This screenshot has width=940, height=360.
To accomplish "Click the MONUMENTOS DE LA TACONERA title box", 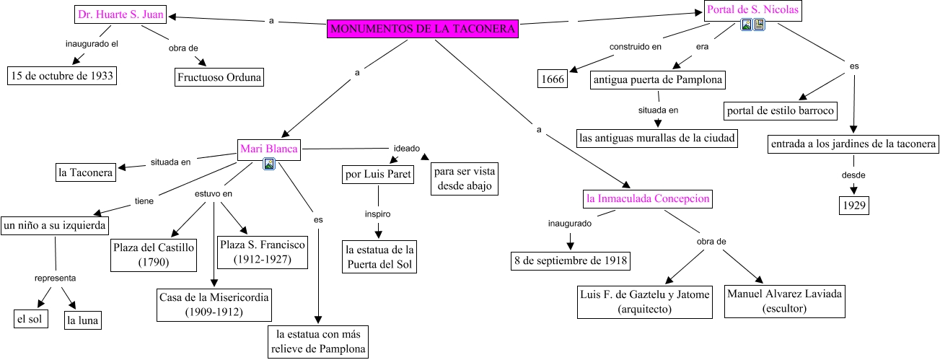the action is coord(423,29).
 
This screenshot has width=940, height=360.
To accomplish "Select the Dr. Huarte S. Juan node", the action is coord(120,14).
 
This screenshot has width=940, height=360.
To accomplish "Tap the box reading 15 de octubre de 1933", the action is coord(62,76).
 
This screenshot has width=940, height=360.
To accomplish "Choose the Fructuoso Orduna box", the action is coord(219,77).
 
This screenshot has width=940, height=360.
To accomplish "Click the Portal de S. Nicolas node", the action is coord(753,9).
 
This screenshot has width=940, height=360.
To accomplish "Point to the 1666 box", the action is coord(553,79).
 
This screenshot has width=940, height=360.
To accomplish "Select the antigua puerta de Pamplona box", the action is coord(658,80).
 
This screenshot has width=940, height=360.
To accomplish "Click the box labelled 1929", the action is coord(854,205).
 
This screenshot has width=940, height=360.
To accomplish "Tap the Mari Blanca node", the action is coord(269,149).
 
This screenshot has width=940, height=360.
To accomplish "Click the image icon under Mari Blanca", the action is coord(269,164).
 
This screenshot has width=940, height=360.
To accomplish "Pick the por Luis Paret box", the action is coord(378,174).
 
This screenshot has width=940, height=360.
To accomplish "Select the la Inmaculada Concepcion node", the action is coord(648,199).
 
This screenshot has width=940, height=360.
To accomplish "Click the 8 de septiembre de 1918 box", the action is coord(571,260).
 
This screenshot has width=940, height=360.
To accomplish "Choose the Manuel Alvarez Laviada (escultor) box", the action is coord(784,302).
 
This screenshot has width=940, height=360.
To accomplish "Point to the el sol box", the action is coord(30,319).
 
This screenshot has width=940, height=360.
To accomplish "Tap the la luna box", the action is coord(83,320).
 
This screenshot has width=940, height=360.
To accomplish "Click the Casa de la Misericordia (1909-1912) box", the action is coord(214,304).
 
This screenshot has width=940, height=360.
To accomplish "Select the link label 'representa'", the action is coord(55,278).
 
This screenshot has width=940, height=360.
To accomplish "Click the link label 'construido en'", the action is coord(636,47).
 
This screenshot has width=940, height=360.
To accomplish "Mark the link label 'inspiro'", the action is coord(378,214).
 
